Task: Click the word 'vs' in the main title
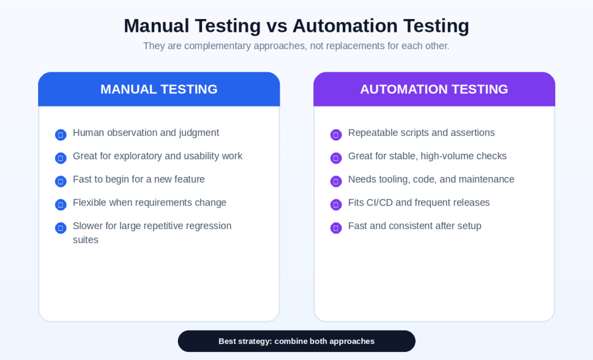click(276, 26)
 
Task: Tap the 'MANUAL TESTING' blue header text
click(159, 89)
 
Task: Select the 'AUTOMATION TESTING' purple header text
click(434, 89)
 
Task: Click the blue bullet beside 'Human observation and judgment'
click(60, 135)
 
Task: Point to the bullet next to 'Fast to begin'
click(60, 181)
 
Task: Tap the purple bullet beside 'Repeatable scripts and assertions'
click(336, 135)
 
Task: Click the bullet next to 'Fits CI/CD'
click(336, 204)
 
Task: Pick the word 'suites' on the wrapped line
click(86, 240)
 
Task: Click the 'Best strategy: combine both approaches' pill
click(296, 341)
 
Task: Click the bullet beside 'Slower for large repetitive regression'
click(60, 227)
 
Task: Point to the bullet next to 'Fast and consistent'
click(336, 227)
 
